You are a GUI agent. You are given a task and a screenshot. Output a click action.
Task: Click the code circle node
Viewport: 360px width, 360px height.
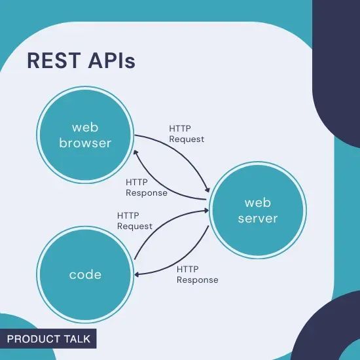click(85, 274)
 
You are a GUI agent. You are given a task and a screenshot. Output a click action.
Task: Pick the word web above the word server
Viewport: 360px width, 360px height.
click(257, 202)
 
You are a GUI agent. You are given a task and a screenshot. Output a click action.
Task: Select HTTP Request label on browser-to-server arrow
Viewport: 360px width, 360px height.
click(187, 134)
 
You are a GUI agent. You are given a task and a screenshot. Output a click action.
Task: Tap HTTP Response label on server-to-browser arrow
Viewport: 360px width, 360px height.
click(146, 188)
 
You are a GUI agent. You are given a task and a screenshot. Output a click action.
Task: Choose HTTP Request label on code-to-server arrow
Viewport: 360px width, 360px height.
click(135, 221)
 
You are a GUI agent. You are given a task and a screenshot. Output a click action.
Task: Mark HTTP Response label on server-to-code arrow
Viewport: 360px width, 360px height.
click(198, 274)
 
